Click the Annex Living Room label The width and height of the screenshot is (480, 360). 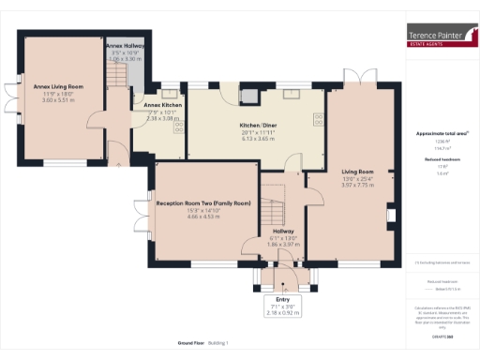(58, 86)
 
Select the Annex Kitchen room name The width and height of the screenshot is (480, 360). (163, 105)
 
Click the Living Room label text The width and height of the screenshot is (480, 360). (357, 172)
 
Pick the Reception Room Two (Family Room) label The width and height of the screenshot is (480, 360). (203, 202)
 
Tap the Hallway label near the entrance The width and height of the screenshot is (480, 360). (283, 231)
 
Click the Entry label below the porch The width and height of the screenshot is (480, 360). (283, 300)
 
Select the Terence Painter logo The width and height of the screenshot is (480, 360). (441, 35)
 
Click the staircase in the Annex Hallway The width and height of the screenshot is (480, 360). (115, 76)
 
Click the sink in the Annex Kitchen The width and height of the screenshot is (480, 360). (169, 94)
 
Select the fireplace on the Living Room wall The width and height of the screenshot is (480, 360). (392, 218)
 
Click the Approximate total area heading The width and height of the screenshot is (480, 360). (441, 134)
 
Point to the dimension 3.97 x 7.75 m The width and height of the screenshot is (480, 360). (357, 186)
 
